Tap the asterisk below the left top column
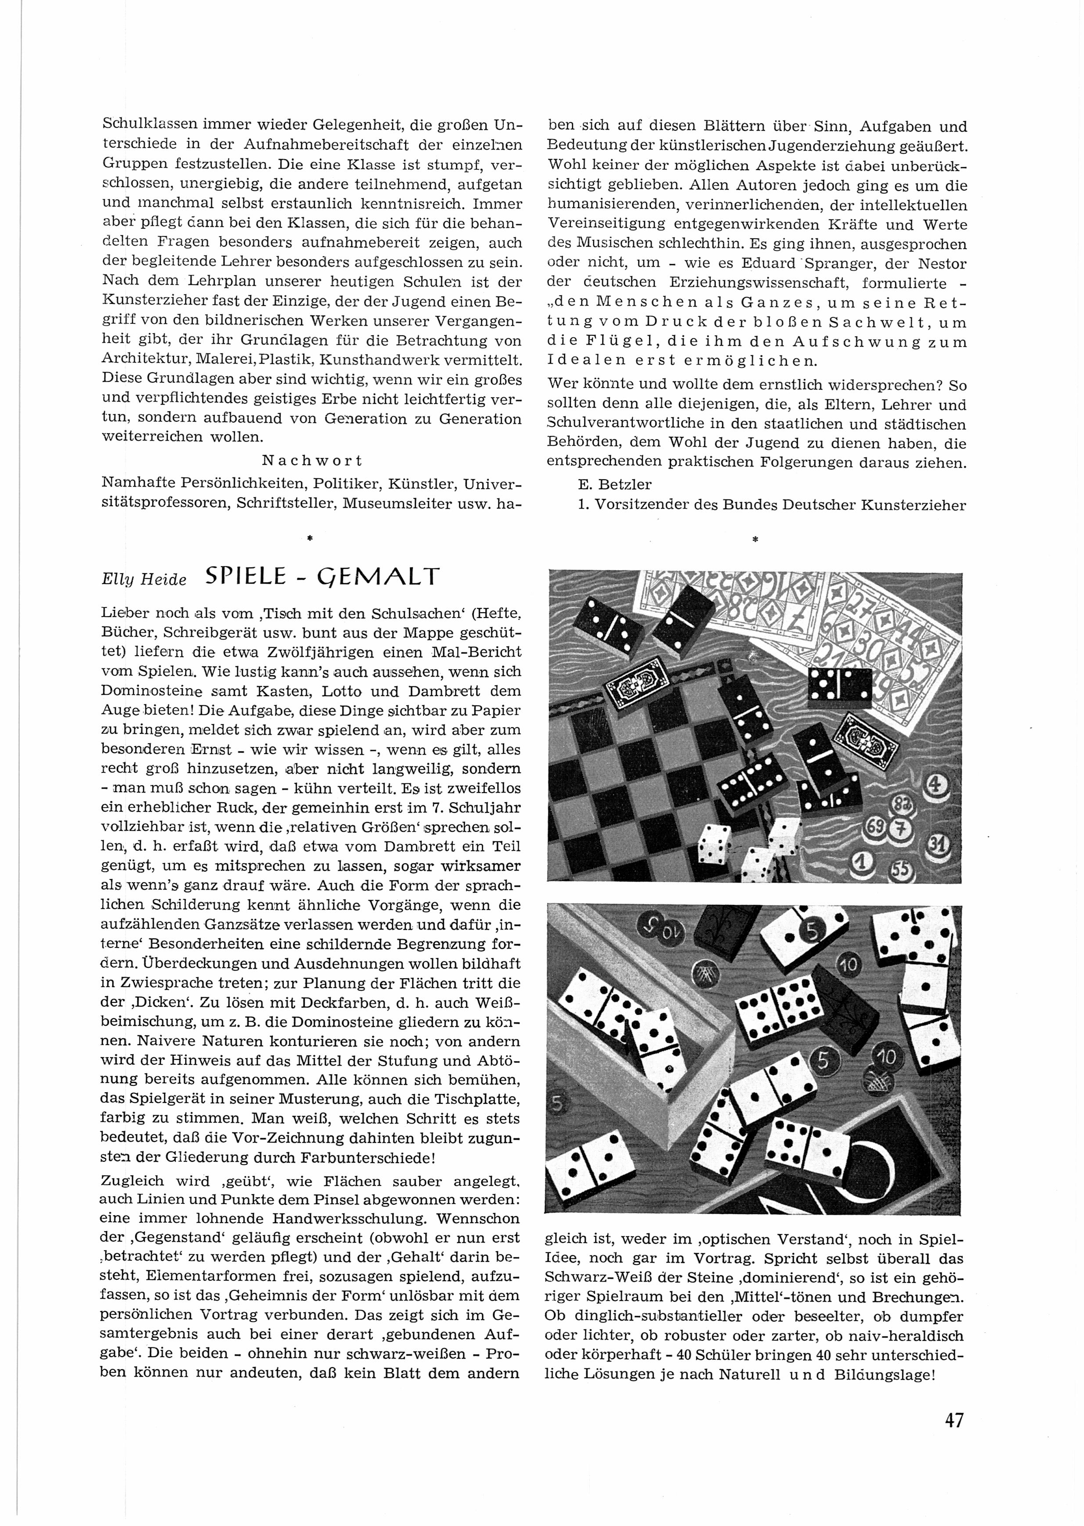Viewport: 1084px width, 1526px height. pyautogui.click(x=310, y=537)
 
